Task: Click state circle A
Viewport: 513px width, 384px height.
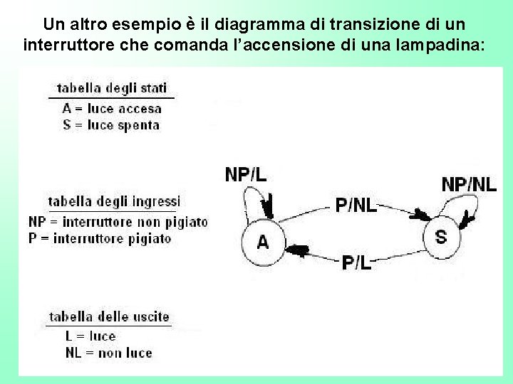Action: click(262, 241)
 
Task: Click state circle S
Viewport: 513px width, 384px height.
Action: click(442, 235)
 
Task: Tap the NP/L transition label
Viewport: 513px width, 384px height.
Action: click(246, 174)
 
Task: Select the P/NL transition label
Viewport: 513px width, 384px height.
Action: click(356, 206)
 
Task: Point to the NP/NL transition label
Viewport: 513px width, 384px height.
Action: click(469, 184)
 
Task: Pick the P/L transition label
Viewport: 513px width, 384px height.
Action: click(357, 262)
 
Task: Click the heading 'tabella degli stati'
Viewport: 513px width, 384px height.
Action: click(112, 89)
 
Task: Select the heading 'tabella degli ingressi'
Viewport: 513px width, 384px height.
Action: click(114, 201)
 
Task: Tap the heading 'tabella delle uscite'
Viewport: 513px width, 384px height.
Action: click(109, 316)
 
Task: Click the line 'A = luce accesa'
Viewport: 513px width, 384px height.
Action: click(112, 109)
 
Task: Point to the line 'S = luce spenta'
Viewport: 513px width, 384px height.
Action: click(110, 124)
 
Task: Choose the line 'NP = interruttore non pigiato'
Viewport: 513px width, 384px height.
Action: click(118, 222)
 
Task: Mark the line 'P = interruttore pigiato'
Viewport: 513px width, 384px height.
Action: click(100, 238)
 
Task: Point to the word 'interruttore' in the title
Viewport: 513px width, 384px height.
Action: click(63, 46)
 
